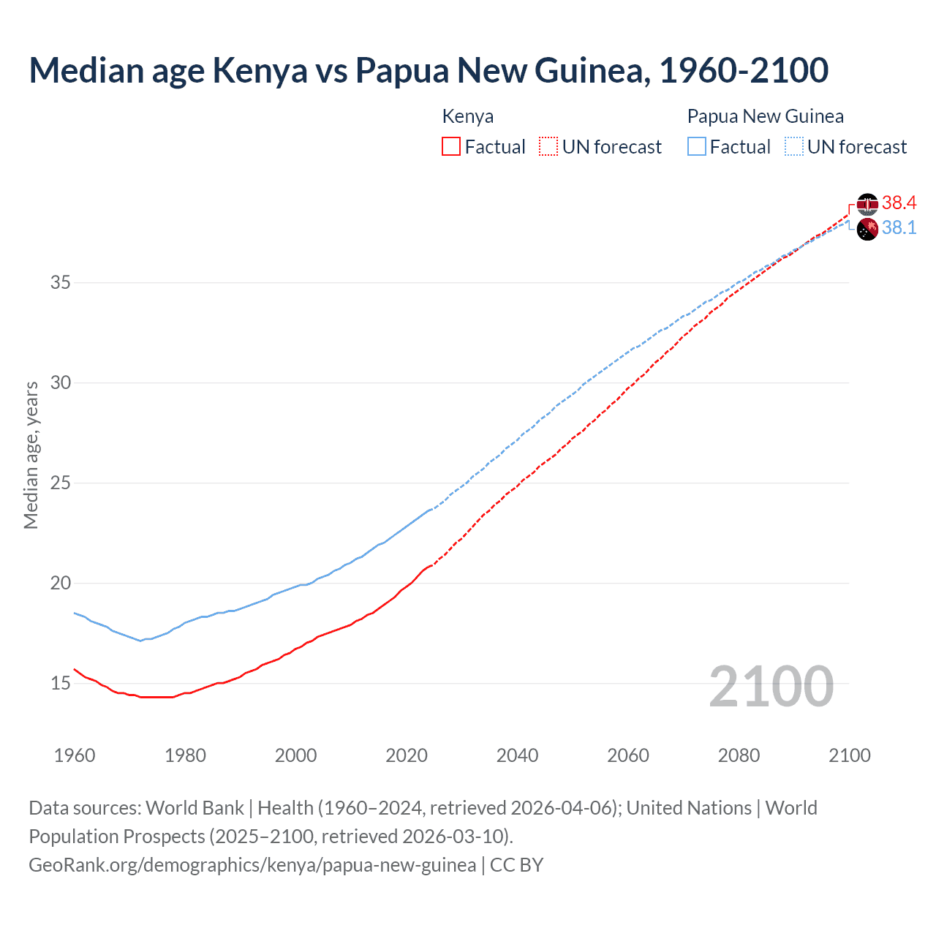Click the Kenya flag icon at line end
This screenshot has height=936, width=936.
coord(867,204)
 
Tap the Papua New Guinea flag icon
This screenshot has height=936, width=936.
coord(867,229)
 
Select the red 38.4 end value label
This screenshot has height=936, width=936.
coord(899,203)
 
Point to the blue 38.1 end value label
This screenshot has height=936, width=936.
coord(899,227)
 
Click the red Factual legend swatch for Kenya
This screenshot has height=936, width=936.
coord(451,146)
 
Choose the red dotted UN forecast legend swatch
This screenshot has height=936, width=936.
coord(548,146)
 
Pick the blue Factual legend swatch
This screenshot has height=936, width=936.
coord(697,146)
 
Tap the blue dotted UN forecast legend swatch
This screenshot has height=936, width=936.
coord(793,146)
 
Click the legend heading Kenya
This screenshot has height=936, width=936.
coord(468,116)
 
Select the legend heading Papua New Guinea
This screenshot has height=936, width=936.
coord(765,116)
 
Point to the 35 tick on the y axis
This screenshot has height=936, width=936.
coord(61,282)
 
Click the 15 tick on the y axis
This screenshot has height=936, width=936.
coord(61,683)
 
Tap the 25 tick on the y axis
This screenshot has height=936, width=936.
coord(61,483)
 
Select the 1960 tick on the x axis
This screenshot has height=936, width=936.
coord(75,755)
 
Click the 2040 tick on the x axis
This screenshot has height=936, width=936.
coord(517,755)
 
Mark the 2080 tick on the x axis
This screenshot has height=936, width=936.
coord(739,755)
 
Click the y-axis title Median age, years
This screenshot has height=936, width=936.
coord(31,455)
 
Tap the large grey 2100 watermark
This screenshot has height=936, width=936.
coord(771,686)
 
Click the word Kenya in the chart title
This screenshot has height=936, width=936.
coord(260,70)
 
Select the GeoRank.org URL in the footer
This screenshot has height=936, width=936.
coord(252,864)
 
